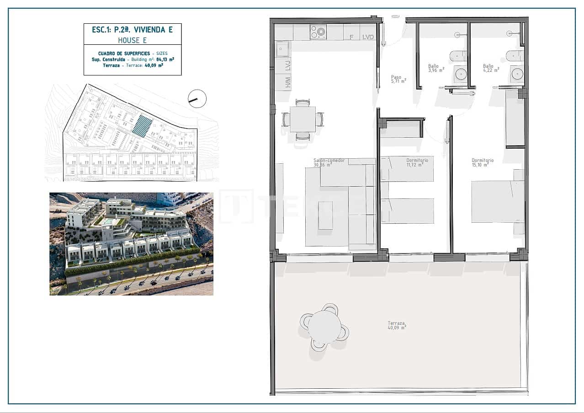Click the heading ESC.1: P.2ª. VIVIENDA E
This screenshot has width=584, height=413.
(x=132, y=30)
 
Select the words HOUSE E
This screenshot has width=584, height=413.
(x=132, y=40)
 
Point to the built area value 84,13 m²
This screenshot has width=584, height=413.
(x=165, y=59)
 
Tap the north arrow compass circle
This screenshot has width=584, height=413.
(x=197, y=99)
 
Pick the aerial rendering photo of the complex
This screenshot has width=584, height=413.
(x=131, y=244)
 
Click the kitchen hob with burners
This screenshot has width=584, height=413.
(x=319, y=32)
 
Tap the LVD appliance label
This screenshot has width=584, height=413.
(x=368, y=37)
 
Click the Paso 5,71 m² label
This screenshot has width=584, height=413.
(x=398, y=79)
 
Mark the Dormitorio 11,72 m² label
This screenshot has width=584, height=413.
(x=417, y=162)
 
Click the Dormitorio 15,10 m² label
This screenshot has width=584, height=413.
(x=483, y=162)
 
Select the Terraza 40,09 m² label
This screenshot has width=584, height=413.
(x=397, y=325)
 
